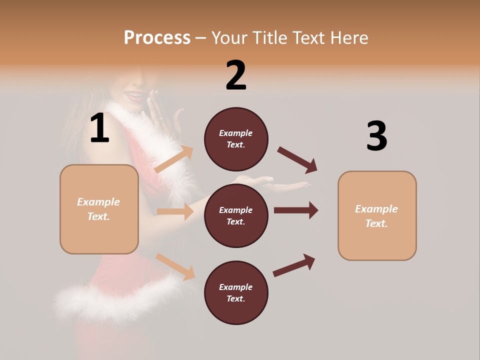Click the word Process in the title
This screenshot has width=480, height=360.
157,37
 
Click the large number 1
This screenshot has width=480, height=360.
99,128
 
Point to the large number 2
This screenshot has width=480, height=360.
236,75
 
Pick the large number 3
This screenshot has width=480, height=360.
376,136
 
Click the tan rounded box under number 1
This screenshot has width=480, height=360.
99,209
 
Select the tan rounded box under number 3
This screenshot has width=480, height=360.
377,216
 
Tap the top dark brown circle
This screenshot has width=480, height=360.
236,139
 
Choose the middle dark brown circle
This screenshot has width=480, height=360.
236,216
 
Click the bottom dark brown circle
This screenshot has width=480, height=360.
236,293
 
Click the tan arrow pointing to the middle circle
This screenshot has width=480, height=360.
175,211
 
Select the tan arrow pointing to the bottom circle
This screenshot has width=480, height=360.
175,266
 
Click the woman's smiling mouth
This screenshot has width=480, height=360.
136,95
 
